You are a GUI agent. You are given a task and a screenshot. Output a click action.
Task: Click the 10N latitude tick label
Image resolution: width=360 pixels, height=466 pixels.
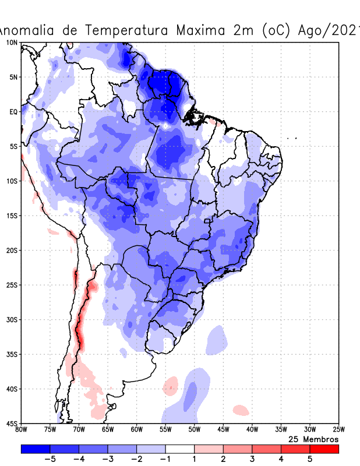(11, 43)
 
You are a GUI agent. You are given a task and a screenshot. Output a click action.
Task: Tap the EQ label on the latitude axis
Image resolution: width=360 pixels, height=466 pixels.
(13, 112)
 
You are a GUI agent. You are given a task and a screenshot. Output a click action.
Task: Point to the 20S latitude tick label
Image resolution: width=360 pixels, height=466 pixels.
(11, 250)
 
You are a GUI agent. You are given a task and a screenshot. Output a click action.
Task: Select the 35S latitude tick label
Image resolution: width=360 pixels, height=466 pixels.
(11, 354)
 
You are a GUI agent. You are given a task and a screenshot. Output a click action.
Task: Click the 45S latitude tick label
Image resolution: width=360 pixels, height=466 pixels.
(11, 423)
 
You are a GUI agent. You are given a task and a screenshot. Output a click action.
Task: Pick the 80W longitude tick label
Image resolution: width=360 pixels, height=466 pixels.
(22, 430)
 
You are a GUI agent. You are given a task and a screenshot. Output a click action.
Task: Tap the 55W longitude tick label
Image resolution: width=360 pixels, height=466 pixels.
(165, 430)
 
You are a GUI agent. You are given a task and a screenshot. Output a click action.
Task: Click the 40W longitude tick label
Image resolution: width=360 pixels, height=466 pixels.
(252, 430)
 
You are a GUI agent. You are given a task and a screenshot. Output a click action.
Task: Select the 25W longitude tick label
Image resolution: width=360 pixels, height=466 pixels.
(338, 430)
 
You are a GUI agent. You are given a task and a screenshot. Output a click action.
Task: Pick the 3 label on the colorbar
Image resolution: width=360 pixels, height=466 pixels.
(252, 459)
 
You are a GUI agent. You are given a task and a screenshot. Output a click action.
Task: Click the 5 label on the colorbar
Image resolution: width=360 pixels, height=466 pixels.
(310, 459)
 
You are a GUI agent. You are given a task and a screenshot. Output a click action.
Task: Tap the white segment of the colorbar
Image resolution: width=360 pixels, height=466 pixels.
(179, 449)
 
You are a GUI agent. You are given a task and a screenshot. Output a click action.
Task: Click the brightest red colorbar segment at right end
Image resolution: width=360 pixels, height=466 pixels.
(324, 449)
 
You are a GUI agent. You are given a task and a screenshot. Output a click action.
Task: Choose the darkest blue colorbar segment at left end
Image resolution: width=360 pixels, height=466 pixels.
(35, 449)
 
